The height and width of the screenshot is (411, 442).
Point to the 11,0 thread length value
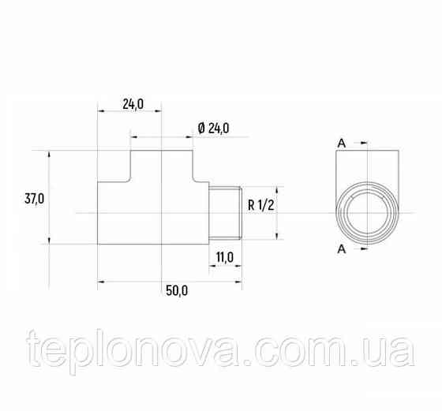(226, 256)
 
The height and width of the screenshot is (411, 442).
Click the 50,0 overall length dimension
(177, 290)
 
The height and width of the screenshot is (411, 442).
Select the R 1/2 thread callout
(260, 207)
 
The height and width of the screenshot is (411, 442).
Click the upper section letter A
(342, 143)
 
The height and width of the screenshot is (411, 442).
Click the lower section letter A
(342, 249)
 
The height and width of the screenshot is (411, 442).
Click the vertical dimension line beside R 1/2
(277, 213)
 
